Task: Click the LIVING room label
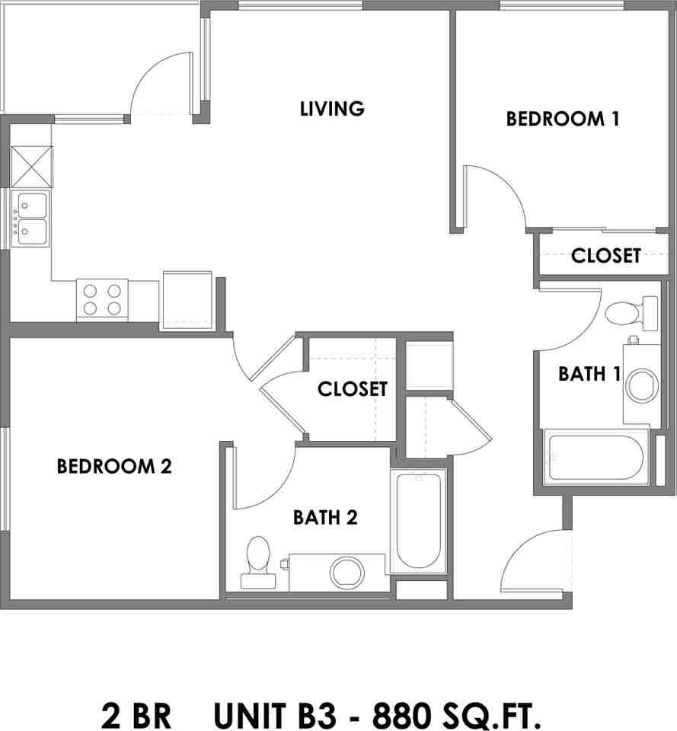click(332, 108)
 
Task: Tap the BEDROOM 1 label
click(562, 119)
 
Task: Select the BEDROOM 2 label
click(114, 466)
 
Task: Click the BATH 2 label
click(325, 518)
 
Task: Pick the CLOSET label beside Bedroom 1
click(605, 256)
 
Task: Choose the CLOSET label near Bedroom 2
click(353, 389)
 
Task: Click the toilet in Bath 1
click(631, 313)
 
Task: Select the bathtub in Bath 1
click(596, 455)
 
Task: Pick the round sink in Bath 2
click(346, 572)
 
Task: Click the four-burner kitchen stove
click(102, 299)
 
